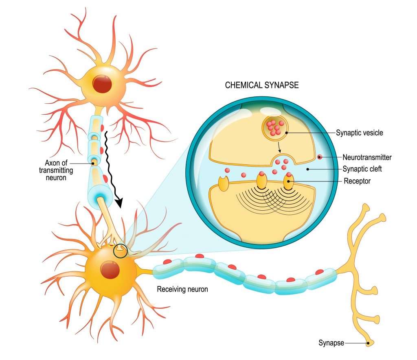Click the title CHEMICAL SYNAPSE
coord(262,85)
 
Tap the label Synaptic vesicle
coord(359,133)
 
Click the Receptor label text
coord(357,181)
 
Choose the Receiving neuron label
coord(182,290)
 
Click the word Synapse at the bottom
coord(331,343)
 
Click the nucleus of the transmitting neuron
coord(101,83)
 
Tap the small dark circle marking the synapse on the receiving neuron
coord(120,251)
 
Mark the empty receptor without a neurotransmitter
coord(224,183)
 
